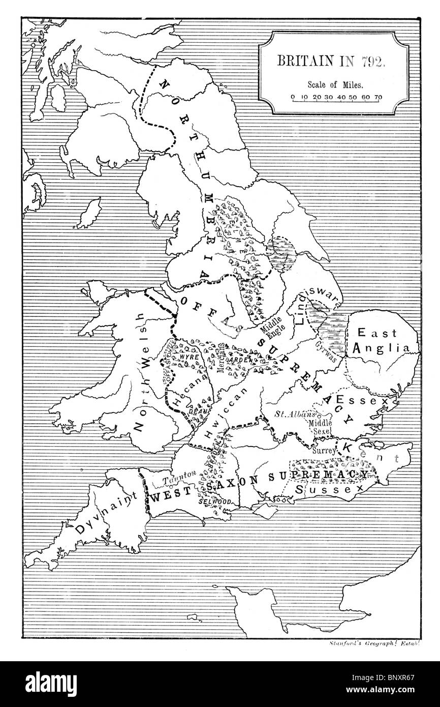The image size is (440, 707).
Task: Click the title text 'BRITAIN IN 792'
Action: (x=331, y=60)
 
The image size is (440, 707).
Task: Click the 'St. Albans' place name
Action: (x=295, y=415)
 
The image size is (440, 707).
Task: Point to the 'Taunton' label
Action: (x=176, y=475)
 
